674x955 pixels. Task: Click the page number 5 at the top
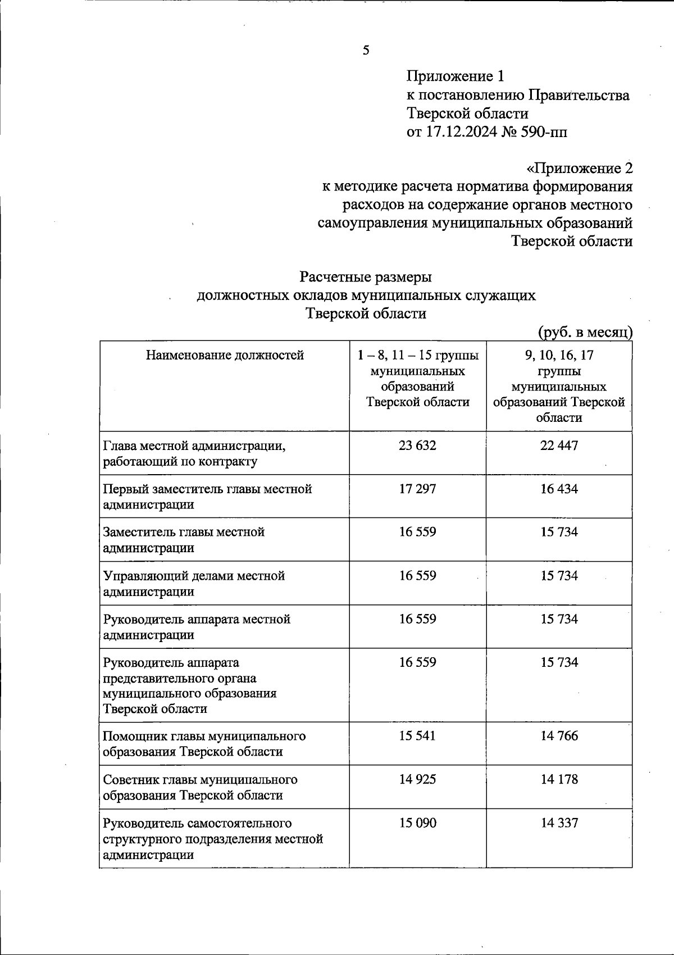coord(366,51)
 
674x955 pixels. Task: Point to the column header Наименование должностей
coord(225,355)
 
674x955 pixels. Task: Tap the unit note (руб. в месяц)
coord(585,332)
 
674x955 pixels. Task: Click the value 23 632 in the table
coord(417,445)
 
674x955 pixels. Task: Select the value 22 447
coord(559,445)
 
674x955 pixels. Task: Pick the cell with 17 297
coord(417,489)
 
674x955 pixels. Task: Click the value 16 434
coord(559,489)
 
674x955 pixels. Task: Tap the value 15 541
coord(417,736)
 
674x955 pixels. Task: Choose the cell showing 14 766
coord(559,736)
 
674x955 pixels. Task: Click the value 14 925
coord(417,779)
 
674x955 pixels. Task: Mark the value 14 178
coord(559,779)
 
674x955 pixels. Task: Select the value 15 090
coord(417,823)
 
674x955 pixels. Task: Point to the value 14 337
coord(559,823)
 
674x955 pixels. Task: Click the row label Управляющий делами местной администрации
coord(194,583)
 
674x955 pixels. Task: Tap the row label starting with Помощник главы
coord(204,743)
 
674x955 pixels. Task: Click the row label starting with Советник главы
coord(200,787)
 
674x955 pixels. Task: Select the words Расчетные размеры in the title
coord(366,278)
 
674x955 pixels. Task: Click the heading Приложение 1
coord(457,76)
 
